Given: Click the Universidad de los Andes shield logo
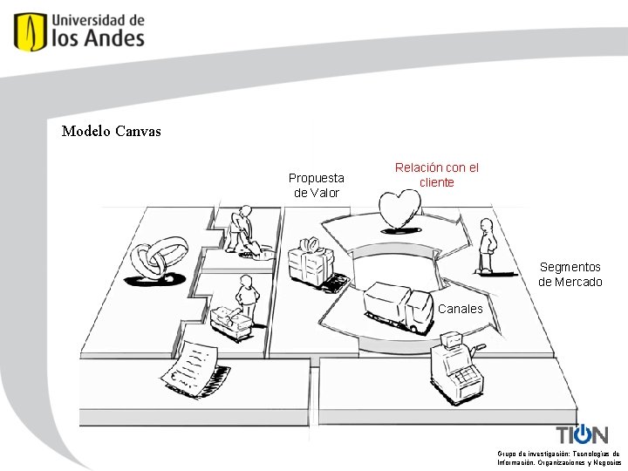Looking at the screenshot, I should tap(31, 31).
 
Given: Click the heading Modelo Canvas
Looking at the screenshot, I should tap(112, 132).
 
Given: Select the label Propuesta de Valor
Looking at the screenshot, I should tap(316, 185).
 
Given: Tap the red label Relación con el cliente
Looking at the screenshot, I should tap(436, 174).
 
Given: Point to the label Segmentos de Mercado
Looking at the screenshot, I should tap(570, 274).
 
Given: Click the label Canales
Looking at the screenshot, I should tap(460, 309).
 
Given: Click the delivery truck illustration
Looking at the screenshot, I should tap(399, 306).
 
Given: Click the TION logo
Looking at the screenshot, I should tap(582, 434).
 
